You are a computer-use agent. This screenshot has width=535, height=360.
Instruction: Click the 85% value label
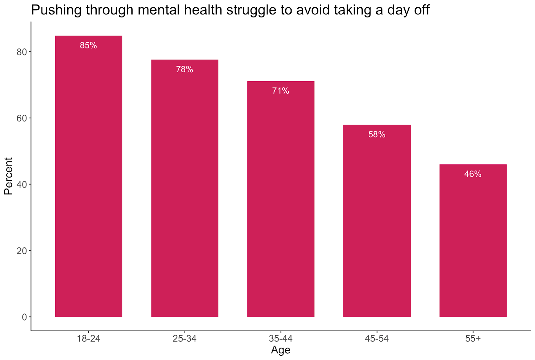click(89, 45)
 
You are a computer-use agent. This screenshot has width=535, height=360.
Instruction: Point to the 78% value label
click(185, 70)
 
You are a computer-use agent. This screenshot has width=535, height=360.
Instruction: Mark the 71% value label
click(281, 91)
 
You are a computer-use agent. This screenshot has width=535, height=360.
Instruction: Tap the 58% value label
click(377, 135)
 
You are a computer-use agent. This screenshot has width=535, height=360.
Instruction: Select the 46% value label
click(473, 174)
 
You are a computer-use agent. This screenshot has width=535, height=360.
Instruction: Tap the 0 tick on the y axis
click(24, 317)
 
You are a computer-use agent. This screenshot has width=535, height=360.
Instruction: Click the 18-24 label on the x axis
click(89, 339)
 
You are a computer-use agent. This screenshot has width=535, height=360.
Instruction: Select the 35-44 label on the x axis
click(281, 339)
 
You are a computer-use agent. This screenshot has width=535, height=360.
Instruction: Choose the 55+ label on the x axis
click(473, 339)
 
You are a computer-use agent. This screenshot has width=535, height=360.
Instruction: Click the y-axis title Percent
click(8, 176)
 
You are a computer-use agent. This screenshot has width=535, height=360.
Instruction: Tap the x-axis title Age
click(281, 350)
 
